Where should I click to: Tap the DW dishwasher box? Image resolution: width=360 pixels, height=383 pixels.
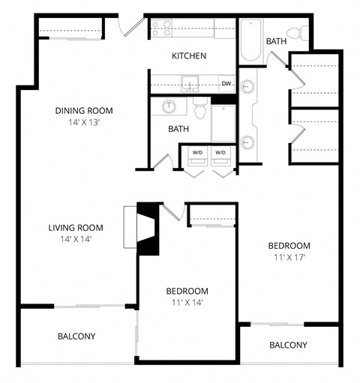coord(225,83)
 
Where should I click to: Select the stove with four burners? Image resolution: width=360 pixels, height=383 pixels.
coord(161,29)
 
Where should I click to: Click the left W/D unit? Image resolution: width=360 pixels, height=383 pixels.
coord(197,153)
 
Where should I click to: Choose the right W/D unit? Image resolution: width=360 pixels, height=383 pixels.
coord(220,153)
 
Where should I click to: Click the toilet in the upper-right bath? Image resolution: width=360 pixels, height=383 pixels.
coord(301,34)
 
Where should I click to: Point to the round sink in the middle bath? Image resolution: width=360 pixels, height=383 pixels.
coord(169,107)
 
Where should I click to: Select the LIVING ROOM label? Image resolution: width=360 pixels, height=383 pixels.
coord(75,228)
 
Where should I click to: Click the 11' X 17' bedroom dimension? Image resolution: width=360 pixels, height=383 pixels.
coord(289,257)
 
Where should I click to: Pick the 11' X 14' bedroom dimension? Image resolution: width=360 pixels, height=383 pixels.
coord(187,302)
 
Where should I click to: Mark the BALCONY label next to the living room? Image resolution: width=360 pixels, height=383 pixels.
coord(76,336)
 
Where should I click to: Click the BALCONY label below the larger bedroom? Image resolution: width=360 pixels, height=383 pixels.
coord(288,345)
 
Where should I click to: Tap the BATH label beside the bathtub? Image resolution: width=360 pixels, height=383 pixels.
coord(276,41)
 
